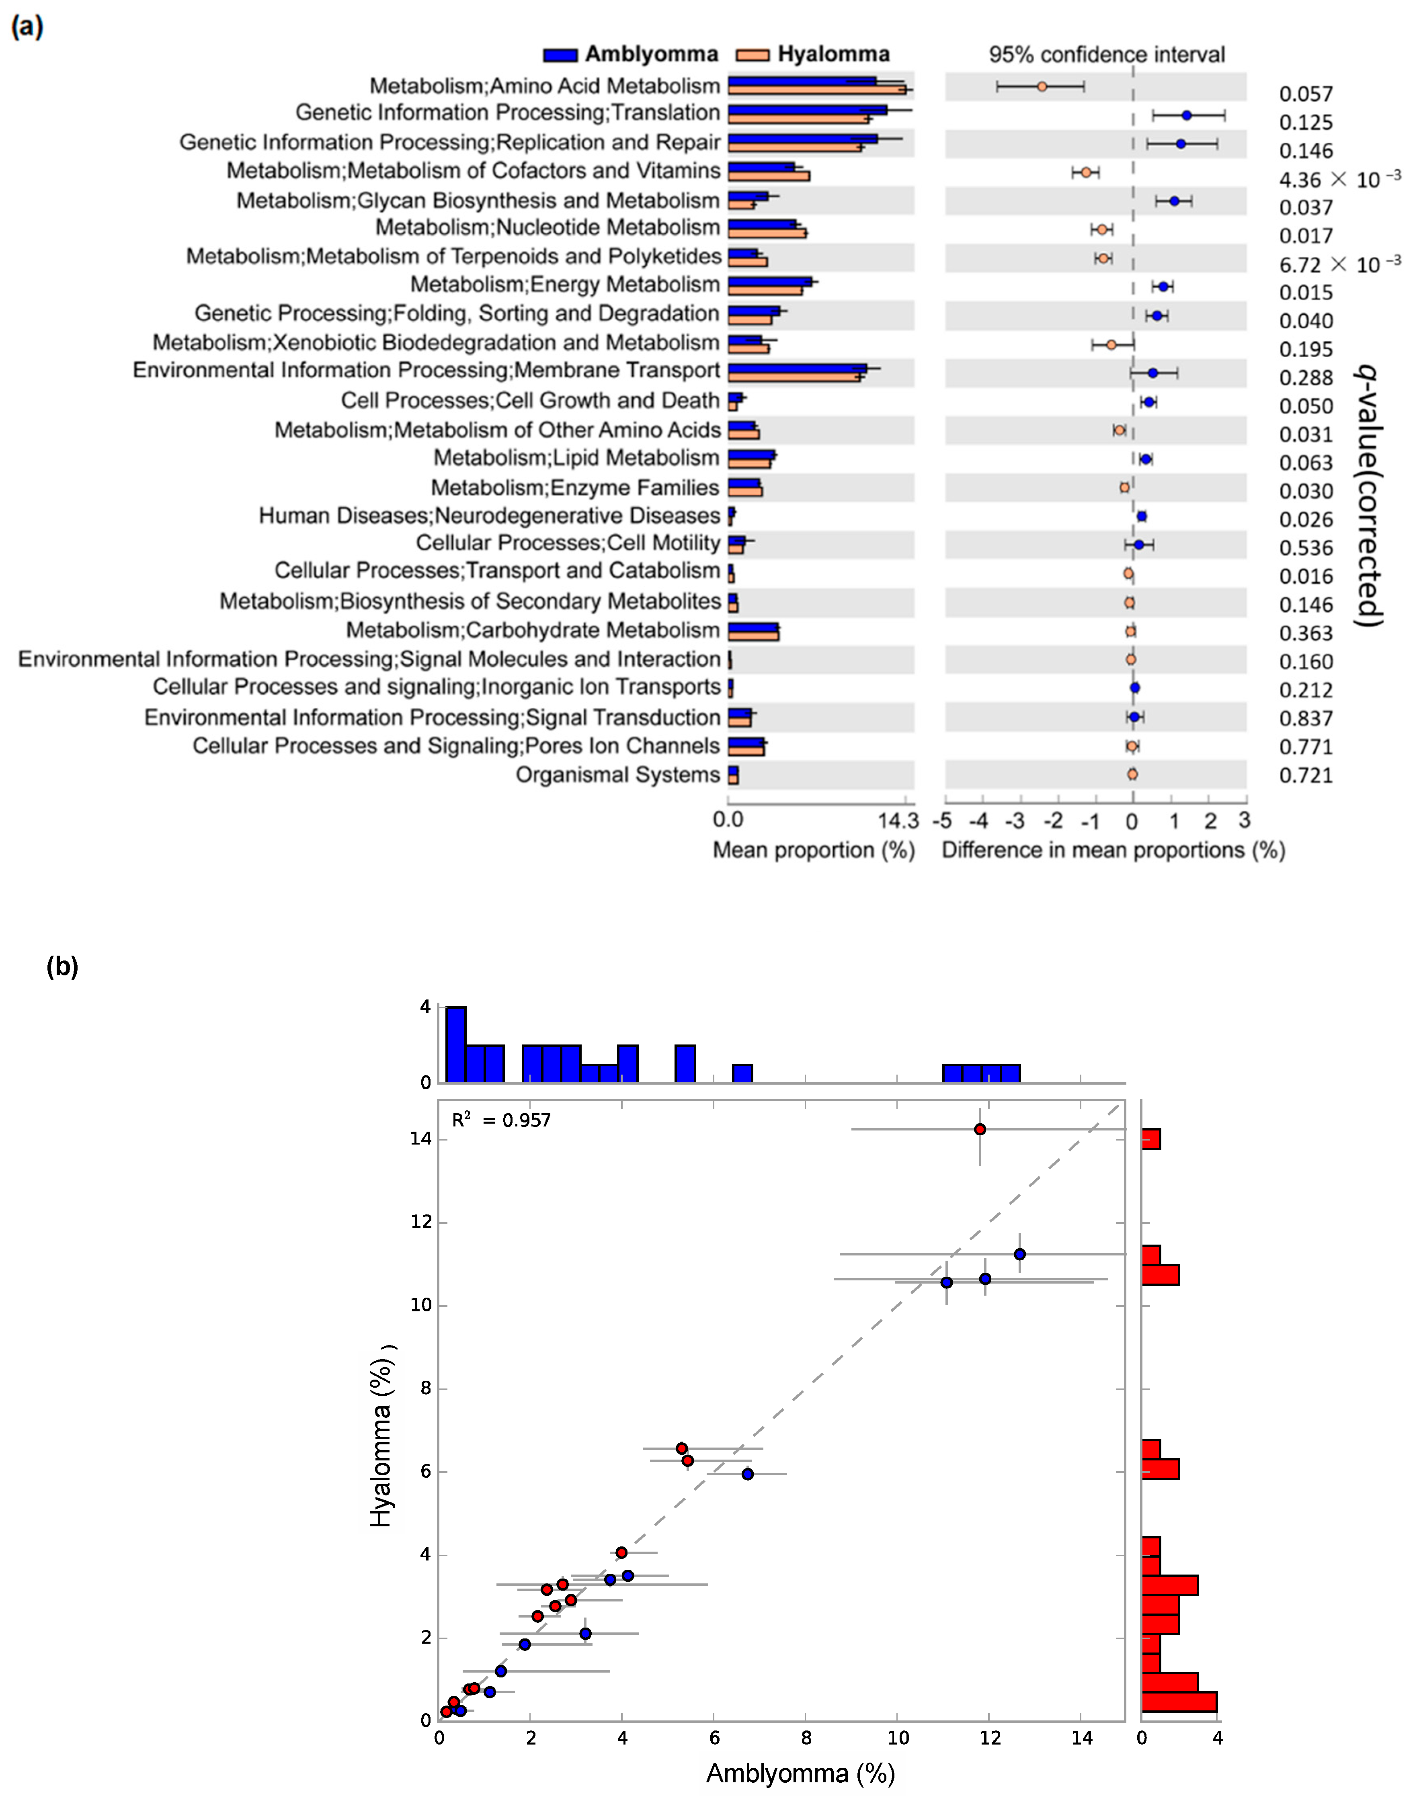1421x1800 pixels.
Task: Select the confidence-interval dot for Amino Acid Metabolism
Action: tap(1042, 86)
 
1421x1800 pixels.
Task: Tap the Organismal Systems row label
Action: tap(617, 774)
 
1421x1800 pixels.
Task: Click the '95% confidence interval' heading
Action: tap(1107, 55)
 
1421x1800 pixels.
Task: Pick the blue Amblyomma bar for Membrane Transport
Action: tap(797, 367)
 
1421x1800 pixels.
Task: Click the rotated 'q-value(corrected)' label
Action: tap(1369, 495)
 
